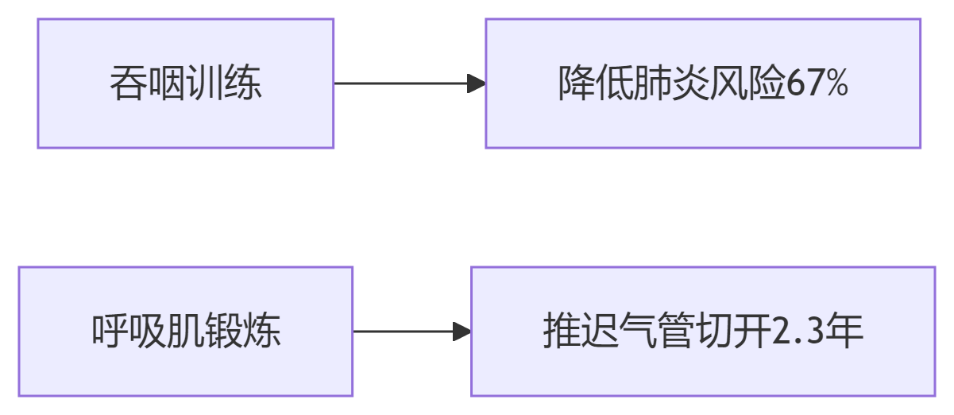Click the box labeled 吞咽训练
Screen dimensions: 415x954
[185, 83]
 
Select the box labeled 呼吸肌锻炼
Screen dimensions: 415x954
[185, 331]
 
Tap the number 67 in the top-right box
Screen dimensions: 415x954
[805, 83]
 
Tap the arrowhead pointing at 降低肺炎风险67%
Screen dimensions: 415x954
[476, 83]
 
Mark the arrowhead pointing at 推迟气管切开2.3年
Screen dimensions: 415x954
[462, 332]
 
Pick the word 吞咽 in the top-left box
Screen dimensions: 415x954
[147, 83]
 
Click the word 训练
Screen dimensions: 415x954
[223, 83]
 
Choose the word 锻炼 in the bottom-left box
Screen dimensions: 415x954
[243, 332]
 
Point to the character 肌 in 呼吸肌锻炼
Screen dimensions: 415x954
[186, 332]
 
